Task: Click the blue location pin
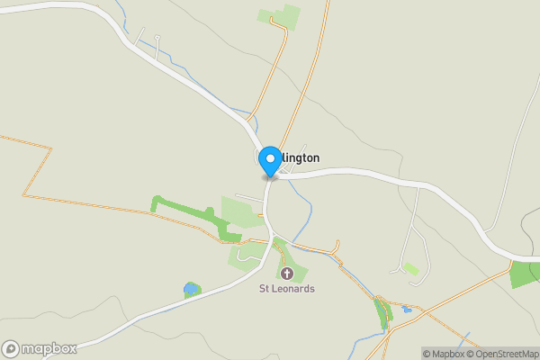pos(269,162)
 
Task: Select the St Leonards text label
pos(287,289)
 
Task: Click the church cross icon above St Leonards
pos(287,273)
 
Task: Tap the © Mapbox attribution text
pos(443,354)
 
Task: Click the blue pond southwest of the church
pos(191,289)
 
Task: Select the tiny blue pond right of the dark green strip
pos(408,309)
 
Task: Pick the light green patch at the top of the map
pos(280,15)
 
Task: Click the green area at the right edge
pos(524,274)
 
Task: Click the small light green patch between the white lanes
pos(410,267)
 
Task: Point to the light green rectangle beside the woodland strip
pos(238,212)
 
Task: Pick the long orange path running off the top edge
pos(310,63)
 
